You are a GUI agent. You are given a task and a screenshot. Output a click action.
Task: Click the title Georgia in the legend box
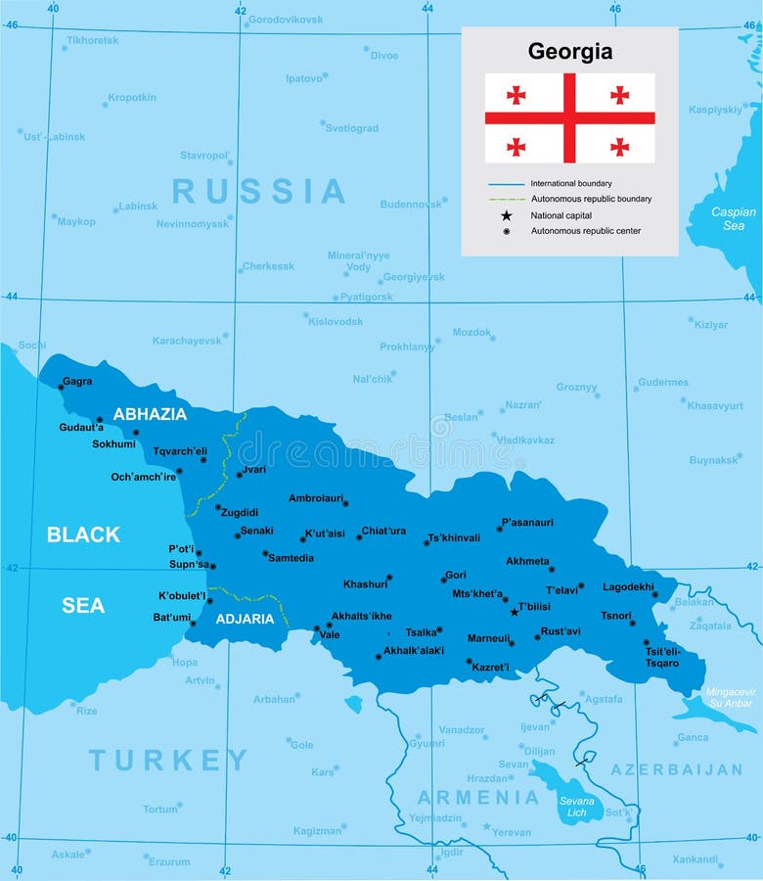pyautogui.click(x=570, y=52)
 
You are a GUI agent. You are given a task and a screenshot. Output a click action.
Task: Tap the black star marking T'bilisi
pyautogui.click(x=515, y=612)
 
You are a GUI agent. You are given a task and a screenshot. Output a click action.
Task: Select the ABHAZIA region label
pyautogui.click(x=150, y=414)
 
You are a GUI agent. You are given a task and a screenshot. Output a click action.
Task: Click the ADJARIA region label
pyautogui.click(x=246, y=619)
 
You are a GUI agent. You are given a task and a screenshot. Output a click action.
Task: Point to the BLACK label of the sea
pyautogui.click(x=83, y=534)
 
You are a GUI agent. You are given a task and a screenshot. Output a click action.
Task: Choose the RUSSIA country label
pyautogui.click(x=259, y=191)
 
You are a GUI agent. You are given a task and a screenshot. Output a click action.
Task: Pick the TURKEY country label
pyautogui.click(x=169, y=760)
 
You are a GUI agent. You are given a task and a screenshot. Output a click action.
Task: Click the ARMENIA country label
pyautogui.click(x=478, y=797)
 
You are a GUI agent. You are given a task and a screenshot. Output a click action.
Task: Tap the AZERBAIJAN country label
pyautogui.click(x=677, y=769)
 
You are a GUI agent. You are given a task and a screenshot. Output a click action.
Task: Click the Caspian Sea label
pyautogui.click(x=734, y=218)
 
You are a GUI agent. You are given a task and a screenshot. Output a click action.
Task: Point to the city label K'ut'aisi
pyautogui.click(x=325, y=533)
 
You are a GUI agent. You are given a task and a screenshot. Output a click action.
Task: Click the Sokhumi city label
pyautogui.click(x=113, y=443)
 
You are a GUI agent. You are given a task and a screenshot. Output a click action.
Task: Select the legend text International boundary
pyautogui.click(x=571, y=183)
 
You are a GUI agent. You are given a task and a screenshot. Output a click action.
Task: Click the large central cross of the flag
pyautogui.click(x=569, y=117)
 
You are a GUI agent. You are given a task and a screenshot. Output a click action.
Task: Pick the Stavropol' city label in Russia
pyautogui.click(x=204, y=155)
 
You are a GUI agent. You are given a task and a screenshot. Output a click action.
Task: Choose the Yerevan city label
pyautogui.click(x=512, y=832)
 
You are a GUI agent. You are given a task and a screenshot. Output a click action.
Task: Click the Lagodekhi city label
pyautogui.click(x=628, y=587)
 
